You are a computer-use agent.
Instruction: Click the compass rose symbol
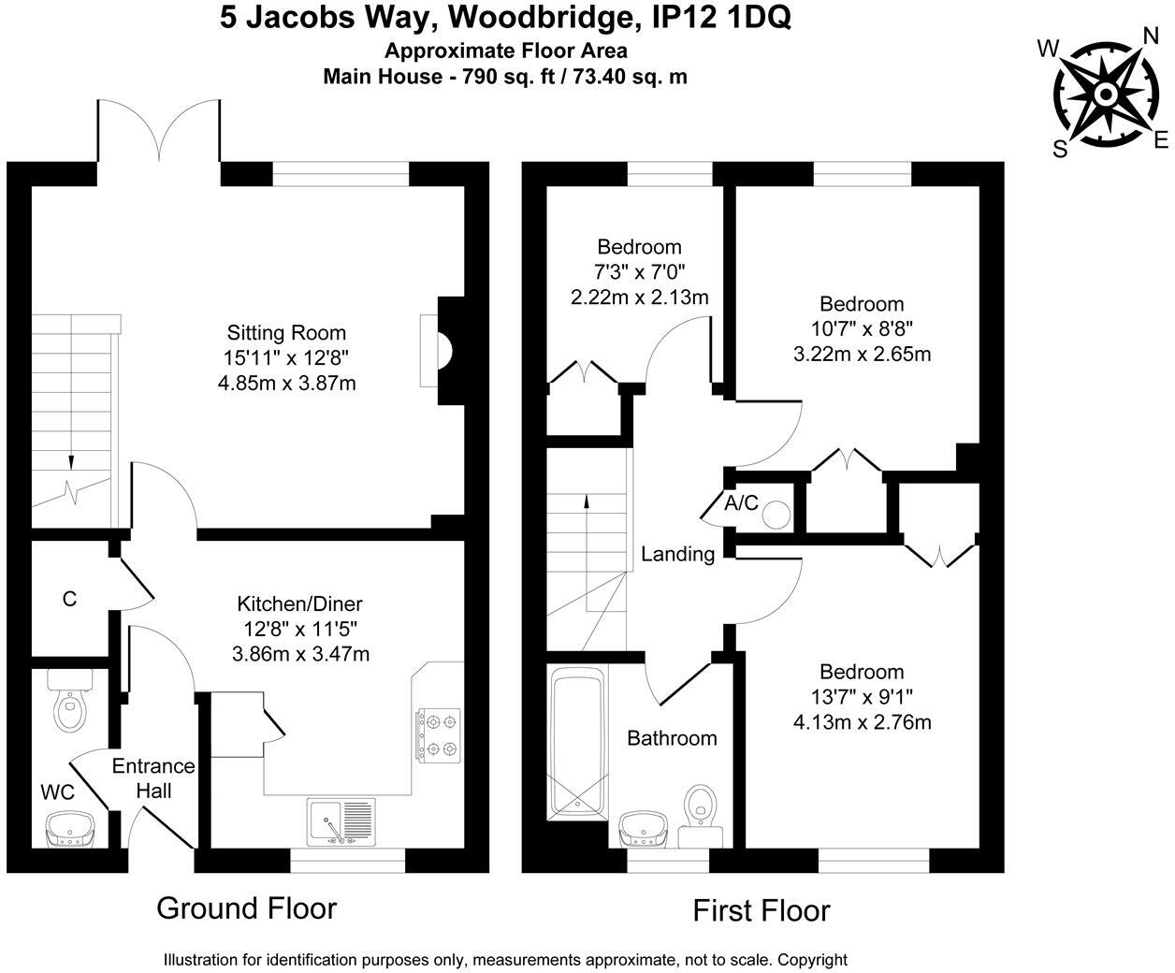(x=1105, y=95)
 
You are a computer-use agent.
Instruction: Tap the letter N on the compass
(x=1152, y=36)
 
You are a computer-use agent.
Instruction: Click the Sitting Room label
(x=286, y=333)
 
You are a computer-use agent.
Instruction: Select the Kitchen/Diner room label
(x=299, y=603)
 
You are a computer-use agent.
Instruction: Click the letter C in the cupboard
(x=69, y=599)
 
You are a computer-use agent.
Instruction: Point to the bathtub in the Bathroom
(x=578, y=743)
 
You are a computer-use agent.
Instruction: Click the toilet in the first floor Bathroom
(x=702, y=806)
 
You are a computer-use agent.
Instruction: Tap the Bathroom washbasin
(x=643, y=828)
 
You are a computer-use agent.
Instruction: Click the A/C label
(x=741, y=503)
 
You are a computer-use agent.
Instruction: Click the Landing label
(x=677, y=554)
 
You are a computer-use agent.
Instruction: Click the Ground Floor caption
(x=246, y=908)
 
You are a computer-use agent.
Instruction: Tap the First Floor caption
(x=761, y=910)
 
